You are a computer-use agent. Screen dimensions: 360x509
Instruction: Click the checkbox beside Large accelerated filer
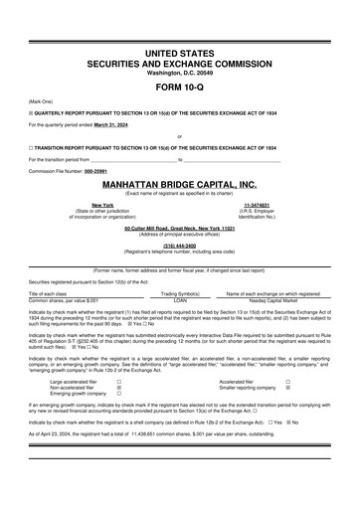point(119,381)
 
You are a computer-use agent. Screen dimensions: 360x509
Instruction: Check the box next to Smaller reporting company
point(288,388)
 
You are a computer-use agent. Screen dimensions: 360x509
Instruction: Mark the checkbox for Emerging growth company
point(119,395)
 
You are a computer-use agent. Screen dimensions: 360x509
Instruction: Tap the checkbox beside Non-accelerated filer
point(119,388)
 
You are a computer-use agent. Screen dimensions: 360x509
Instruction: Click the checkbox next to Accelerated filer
point(288,381)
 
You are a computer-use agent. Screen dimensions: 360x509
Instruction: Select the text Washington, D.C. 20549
point(180,72)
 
